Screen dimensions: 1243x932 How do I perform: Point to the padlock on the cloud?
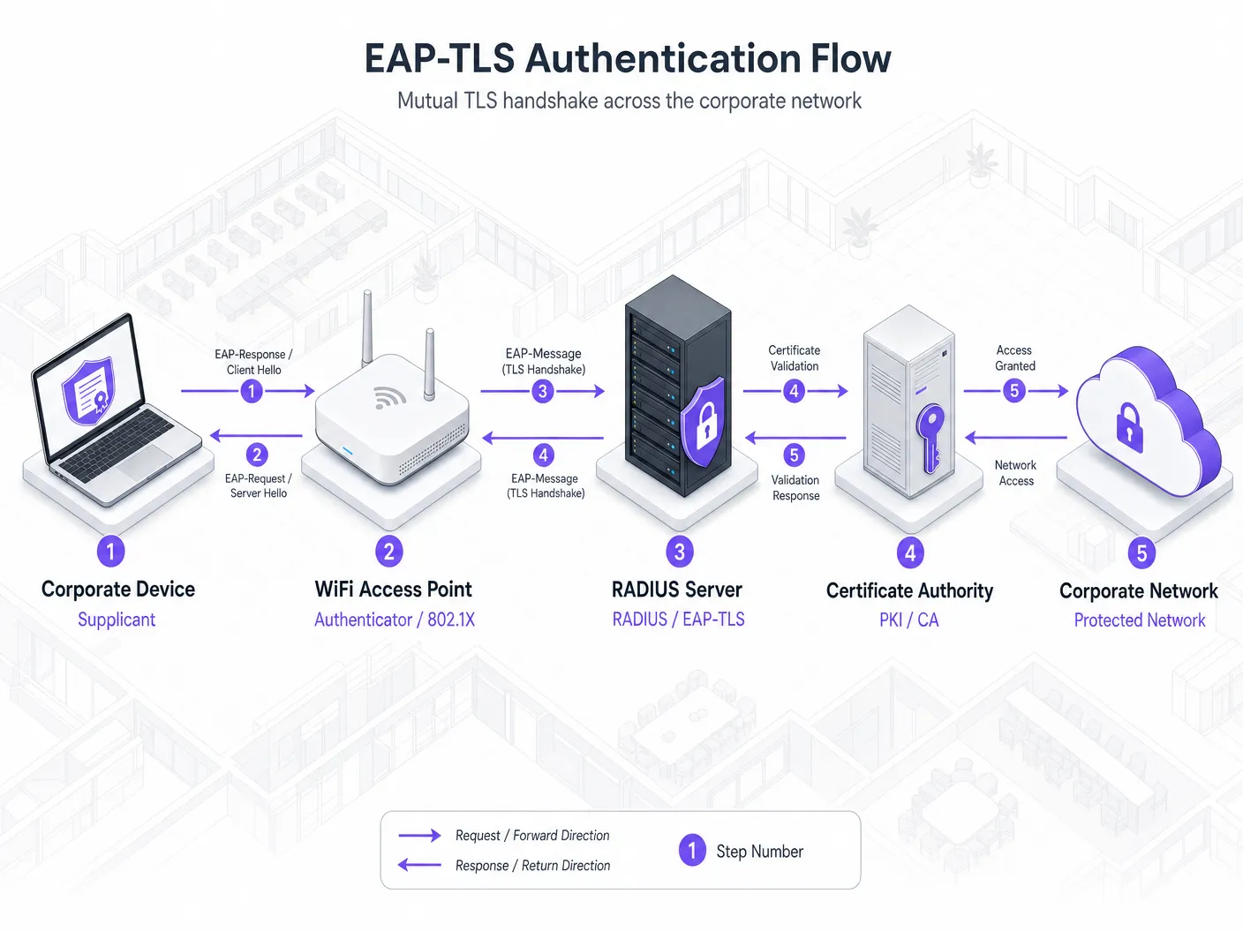click(x=1129, y=427)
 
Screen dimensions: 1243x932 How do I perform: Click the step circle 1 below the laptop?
click(x=110, y=551)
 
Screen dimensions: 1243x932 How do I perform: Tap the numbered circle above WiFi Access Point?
click(x=389, y=552)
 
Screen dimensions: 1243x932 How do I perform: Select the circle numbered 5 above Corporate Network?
click(x=1141, y=552)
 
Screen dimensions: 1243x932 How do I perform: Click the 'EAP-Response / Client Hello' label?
click(x=253, y=362)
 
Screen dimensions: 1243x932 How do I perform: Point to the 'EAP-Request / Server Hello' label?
click(x=259, y=485)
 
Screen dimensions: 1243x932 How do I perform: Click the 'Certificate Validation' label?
click(x=794, y=358)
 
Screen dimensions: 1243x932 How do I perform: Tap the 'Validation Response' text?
click(x=795, y=488)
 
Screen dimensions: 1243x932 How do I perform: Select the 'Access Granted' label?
click(x=1014, y=358)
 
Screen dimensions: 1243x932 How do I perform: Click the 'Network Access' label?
click(x=1016, y=473)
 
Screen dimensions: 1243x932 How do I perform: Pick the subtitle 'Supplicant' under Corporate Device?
click(x=117, y=620)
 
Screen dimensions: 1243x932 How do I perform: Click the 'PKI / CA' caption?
click(x=909, y=620)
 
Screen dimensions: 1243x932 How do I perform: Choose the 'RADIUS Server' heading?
click(x=677, y=590)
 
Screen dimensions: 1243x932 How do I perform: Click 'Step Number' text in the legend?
click(x=759, y=851)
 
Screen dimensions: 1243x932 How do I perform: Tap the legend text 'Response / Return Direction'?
click(x=533, y=865)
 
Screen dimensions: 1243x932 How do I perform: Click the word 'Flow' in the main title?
click(x=850, y=58)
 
